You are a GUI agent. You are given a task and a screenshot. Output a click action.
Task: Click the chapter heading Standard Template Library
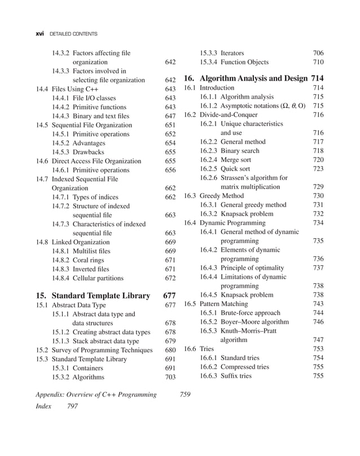(100, 295)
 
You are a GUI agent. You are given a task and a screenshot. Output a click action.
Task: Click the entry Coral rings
(94, 260)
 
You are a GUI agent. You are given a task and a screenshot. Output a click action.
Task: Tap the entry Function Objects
(244, 62)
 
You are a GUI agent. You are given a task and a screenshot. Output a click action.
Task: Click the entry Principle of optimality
(252, 268)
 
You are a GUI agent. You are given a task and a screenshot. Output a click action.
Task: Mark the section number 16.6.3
(209, 376)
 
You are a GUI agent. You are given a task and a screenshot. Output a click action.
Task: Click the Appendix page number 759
(185, 394)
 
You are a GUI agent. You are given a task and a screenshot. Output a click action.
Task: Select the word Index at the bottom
(43, 406)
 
